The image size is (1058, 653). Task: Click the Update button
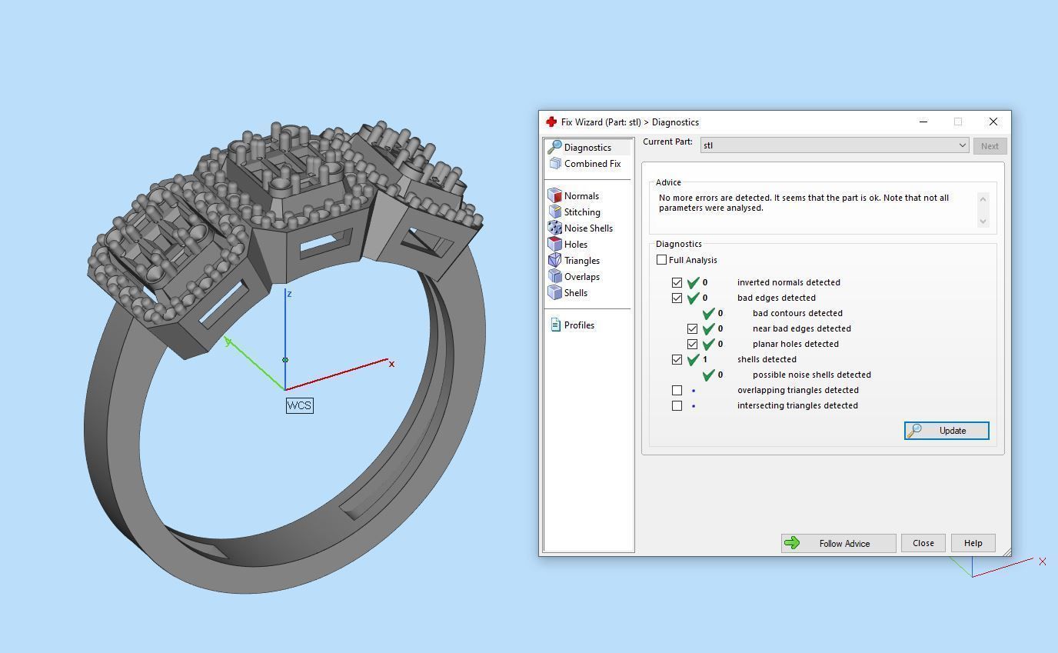[947, 431]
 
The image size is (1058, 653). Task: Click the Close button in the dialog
[923, 543]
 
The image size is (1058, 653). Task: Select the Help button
[973, 543]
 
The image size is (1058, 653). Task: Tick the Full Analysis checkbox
[662, 260]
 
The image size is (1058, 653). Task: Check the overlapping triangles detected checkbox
[677, 390]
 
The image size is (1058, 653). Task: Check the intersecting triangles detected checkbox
[677, 405]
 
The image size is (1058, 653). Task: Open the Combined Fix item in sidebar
[591, 164]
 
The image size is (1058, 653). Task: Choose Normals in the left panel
[581, 196]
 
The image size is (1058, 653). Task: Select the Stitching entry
[581, 212]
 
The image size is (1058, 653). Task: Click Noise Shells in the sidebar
[587, 228]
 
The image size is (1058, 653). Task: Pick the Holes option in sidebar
[575, 245]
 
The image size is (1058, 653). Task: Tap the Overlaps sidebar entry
[581, 277]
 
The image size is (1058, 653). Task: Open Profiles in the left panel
[578, 325]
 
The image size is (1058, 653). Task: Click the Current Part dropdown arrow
[961, 145]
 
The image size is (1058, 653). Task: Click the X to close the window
[993, 122]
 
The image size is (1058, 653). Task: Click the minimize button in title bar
[923, 122]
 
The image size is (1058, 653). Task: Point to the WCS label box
[299, 405]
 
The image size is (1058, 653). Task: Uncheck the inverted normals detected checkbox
[677, 282]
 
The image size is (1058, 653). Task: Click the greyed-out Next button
[990, 146]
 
